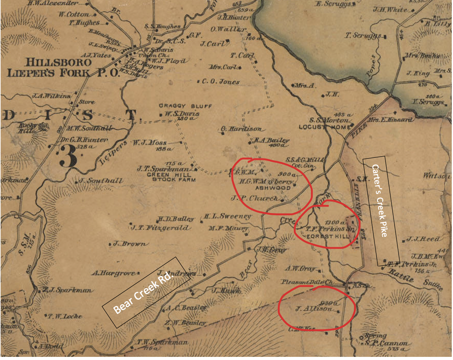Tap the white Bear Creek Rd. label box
146,292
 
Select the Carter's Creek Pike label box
381,211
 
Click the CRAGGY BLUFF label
185,106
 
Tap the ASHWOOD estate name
273,188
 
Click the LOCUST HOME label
325,127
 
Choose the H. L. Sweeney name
227,216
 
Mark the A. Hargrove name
114,273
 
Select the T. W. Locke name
65,316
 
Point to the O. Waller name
228,29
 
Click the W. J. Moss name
150,143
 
